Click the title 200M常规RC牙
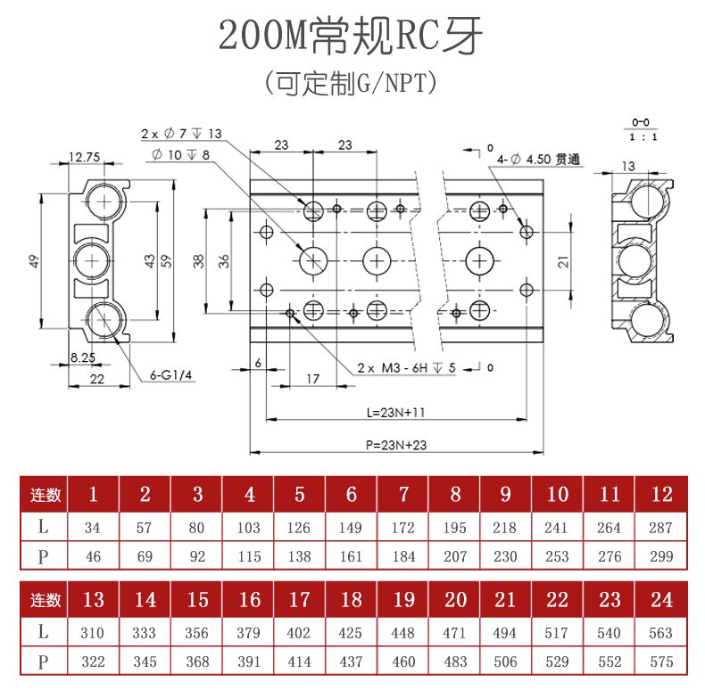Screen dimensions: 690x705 (352, 37)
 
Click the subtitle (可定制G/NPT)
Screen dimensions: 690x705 (352, 84)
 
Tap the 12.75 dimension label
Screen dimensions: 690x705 (85, 158)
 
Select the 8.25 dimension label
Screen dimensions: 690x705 (83, 357)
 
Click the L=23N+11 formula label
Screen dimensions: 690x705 (395, 413)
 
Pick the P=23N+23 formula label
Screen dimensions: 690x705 (395, 444)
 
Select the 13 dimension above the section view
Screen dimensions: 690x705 (628, 166)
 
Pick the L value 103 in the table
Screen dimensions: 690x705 (249, 528)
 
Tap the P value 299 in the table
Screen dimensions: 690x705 (661, 556)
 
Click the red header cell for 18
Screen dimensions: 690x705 (352, 599)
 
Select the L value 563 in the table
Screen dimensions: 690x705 (661, 633)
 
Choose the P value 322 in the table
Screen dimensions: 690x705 (93, 662)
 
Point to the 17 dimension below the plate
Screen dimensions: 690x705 (311, 379)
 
